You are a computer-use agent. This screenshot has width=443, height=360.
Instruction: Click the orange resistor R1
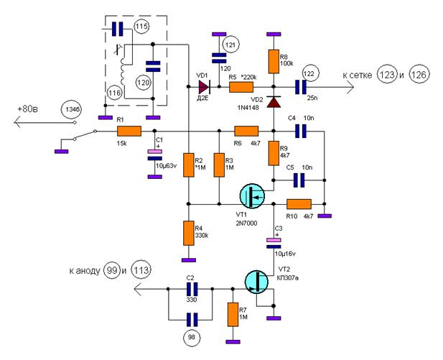tap(129, 131)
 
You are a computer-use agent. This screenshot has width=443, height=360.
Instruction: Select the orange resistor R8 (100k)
tap(274, 62)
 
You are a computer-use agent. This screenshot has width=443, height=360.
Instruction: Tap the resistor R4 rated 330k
tap(189, 233)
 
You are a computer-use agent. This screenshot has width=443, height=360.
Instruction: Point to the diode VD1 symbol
tap(204, 87)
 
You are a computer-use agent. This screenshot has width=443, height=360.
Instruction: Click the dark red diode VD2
tap(274, 102)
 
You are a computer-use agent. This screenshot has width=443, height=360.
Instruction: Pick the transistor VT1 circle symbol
tap(252, 195)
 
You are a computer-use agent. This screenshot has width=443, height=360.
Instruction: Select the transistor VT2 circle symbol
tap(256, 282)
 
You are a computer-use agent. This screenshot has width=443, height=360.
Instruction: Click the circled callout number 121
tap(230, 45)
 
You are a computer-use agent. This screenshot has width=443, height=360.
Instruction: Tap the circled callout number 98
tap(192, 337)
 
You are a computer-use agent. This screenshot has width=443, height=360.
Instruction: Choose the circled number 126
tap(419, 75)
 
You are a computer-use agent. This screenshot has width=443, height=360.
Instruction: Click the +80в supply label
tap(28, 109)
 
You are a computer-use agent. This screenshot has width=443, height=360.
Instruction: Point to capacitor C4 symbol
tap(300, 131)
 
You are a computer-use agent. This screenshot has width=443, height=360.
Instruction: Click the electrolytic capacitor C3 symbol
tap(274, 243)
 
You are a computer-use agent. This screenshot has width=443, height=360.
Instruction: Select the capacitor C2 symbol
tap(191, 289)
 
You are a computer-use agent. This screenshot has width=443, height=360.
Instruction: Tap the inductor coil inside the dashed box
tap(123, 70)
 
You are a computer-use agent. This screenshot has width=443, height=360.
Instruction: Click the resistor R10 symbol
tap(299, 204)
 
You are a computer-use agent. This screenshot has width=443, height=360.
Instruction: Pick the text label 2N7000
tap(246, 223)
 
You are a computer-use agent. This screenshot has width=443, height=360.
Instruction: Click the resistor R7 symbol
tap(233, 315)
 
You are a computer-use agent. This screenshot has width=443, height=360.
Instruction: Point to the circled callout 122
tap(310, 73)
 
